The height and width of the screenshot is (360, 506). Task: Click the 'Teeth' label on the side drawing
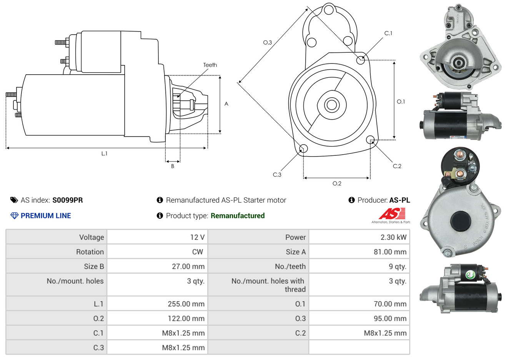click(210, 65)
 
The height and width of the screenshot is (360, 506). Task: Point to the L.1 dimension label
click(104, 153)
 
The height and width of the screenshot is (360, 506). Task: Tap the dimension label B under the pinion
click(173, 166)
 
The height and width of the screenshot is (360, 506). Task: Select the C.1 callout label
click(388, 33)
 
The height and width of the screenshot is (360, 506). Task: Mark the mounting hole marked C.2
click(370, 139)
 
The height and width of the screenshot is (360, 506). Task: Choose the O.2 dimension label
click(337, 183)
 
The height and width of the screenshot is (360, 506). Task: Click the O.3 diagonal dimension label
click(267, 42)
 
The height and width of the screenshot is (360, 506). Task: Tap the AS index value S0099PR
click(68, 200)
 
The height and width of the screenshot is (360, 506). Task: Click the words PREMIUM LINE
click(46, 216)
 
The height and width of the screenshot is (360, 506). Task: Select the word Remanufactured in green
click(238, 216)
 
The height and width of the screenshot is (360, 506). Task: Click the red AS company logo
click(392, 214)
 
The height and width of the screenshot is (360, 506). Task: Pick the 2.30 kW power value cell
click(393, 237)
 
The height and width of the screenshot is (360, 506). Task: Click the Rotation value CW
click(197, 252)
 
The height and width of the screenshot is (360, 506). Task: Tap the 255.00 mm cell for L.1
click(186, 304)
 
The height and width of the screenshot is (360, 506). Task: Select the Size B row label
click(94, 267)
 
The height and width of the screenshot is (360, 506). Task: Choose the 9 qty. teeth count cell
click(397, 267)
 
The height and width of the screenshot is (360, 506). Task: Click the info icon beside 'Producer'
click(351, 200)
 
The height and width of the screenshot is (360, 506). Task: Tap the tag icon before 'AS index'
click(14, 200)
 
